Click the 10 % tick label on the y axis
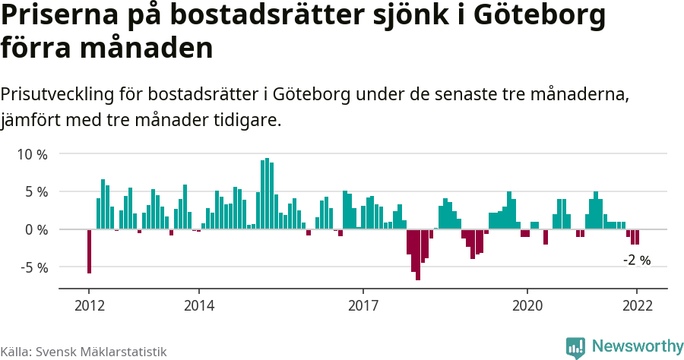(x=32, y=154)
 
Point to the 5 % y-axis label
(x=35, y=191)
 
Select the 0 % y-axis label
(x=35, y=229)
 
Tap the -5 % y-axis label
(x=33, y=267)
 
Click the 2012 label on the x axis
(x=89, y=305)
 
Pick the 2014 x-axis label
(x=198, y=305)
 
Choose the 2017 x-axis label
(x=363, y=305)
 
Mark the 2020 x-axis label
(x=527, y=305)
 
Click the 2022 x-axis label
(x=637, y=305)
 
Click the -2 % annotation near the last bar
(x=637, y=261)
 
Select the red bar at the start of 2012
(x=89, y=251)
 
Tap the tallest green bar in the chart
(x=267, y=194)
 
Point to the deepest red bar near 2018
(x=418, y=254)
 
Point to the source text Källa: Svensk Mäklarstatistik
(x=84, y=352)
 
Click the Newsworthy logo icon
(x=575, y=347)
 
